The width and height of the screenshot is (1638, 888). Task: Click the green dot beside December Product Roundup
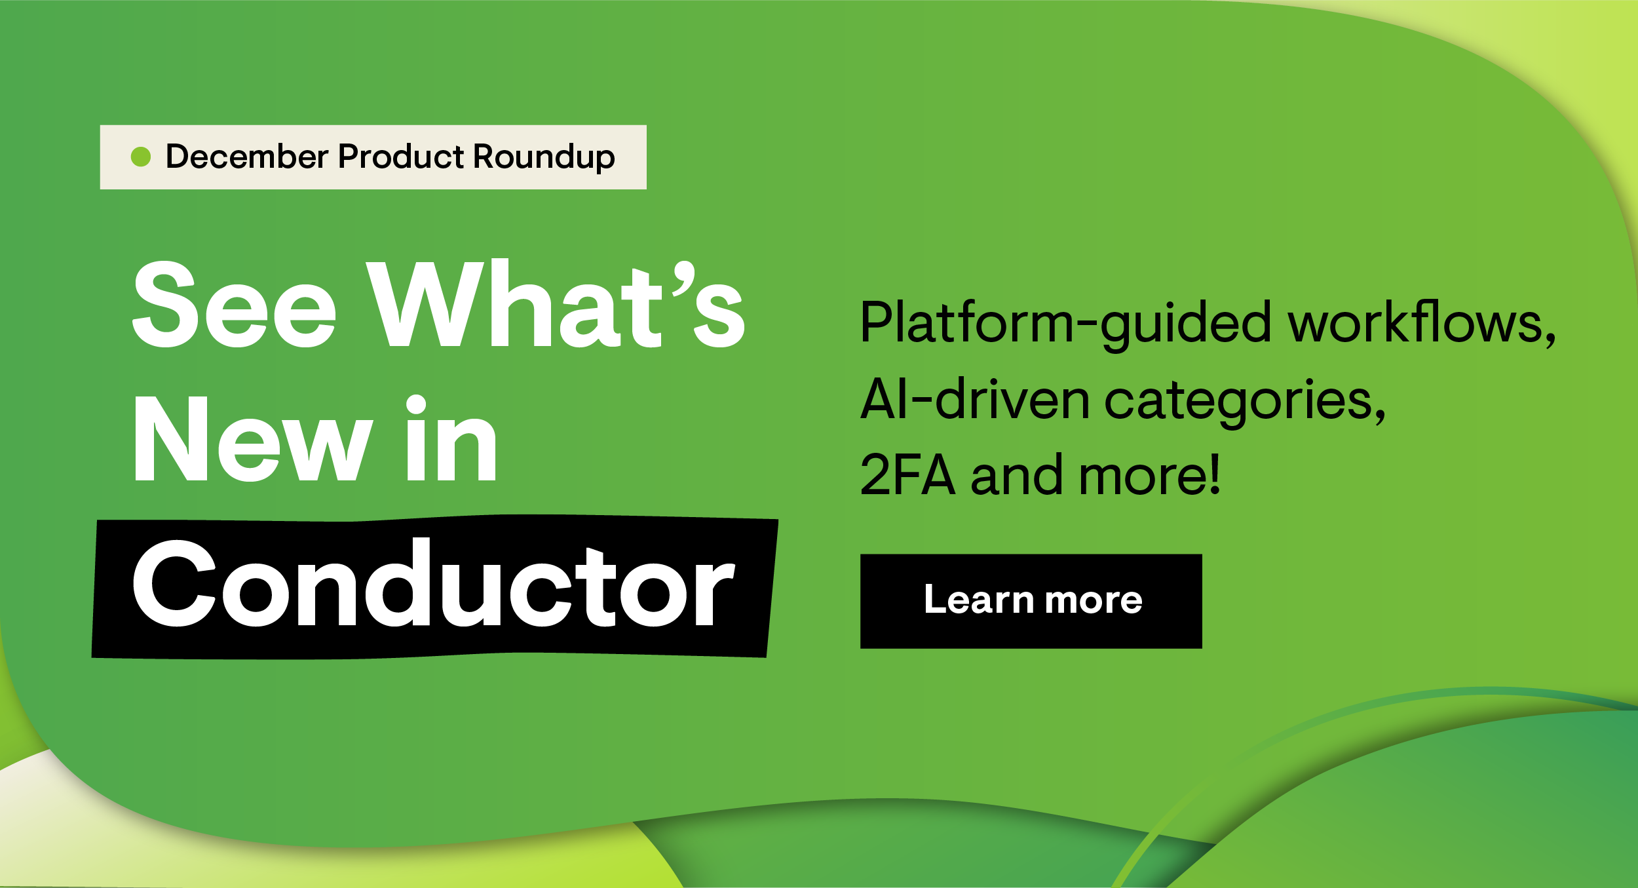click(x=141, y=157)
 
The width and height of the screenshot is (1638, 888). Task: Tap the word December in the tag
click(x=247, y=157)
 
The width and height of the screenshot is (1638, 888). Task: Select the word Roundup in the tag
click(x=544, y=157)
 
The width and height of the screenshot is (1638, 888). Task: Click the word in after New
click(x=451, y=439)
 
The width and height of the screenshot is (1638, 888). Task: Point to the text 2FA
click(x=907, y=475)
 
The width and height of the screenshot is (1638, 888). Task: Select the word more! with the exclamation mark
click(x=1150, y=475)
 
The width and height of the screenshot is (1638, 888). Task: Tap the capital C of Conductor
click(x=174, y=584)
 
